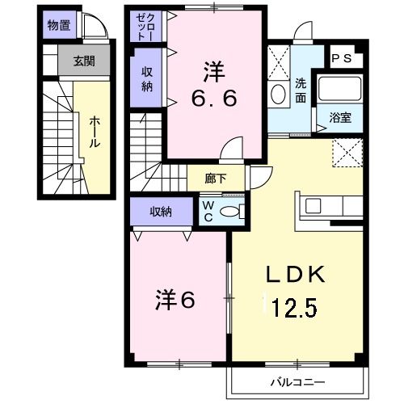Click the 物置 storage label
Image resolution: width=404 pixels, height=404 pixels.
[58, 24]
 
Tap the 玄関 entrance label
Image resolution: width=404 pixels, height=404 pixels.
[83, 60]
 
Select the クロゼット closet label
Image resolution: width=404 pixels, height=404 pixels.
[144, 27]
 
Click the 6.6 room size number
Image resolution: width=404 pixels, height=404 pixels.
[213, 99]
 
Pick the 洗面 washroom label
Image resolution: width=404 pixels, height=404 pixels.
[301, 89]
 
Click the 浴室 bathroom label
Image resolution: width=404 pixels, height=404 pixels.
[340, 118]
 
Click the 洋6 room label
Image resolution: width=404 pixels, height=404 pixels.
[175, 298]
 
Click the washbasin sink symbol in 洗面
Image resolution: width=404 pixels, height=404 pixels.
[279, 95]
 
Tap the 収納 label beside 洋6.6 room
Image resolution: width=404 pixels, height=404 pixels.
[148, 78]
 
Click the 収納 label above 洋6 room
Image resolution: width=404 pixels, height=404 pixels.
[161, 212]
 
